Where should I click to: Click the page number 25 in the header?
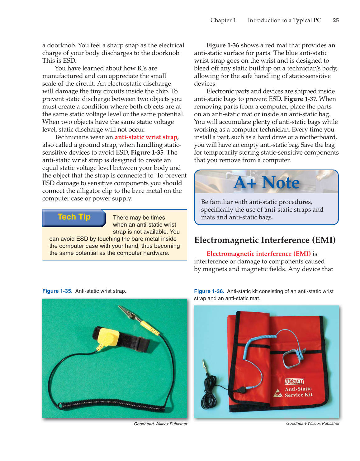tap(336, 20)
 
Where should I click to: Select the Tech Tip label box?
tap(74, 218)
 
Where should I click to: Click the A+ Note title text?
tap(267, 183)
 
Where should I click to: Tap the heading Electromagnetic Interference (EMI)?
tap(265, 240)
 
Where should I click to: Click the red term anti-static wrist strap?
tap(146, 137)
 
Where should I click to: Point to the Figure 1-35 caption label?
tap(57, 291)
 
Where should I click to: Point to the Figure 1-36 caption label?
tap(209, 291)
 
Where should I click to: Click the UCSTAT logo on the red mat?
tap(294, 381)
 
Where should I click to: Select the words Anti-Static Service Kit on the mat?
tap(298, 392)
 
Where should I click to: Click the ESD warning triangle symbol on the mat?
tap(277, 393)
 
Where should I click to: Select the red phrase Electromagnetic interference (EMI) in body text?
tap(258, 254)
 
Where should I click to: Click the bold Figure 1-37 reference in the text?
tap(300, 99)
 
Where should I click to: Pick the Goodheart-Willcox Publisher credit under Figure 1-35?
tap(160, 424)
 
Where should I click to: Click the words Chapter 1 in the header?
tap(223, 20)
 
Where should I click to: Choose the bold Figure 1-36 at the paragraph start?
tap(223, 45)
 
